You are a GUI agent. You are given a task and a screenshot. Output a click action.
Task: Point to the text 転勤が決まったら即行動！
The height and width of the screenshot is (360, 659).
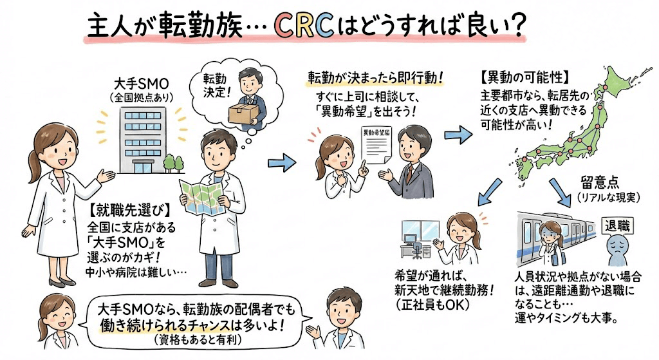376,79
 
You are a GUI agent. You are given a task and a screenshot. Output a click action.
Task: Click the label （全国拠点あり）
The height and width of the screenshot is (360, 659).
140,98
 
